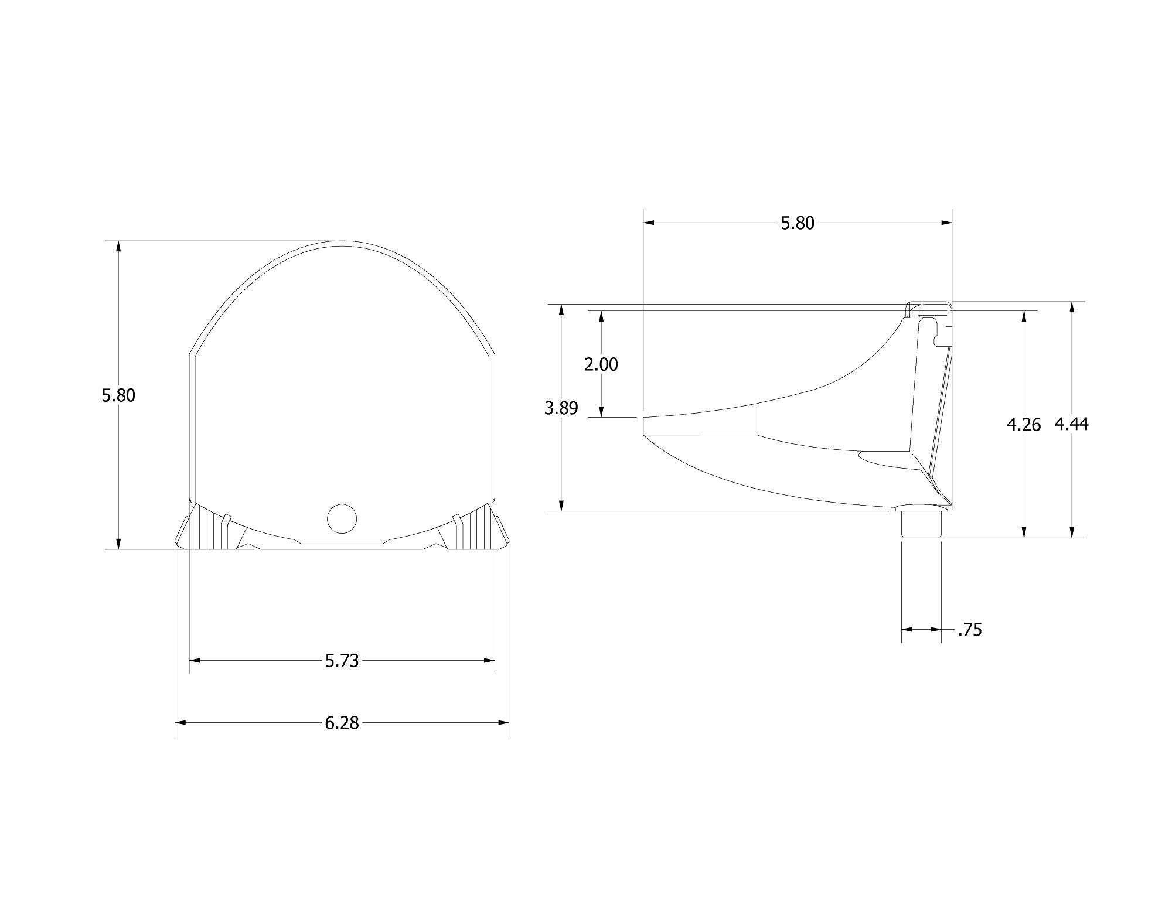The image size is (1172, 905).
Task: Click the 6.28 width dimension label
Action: pyautogui.click(x=342, y=723)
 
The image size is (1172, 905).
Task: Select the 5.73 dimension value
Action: pyautogui.click(x=342, y=661)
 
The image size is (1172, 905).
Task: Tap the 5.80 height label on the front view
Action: pyautogui.click(x=118, y=395)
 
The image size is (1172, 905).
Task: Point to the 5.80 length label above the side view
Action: pyautogui.click(x=798, y=223)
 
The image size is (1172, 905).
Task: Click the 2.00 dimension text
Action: pyautogui.click(x=601, y=364)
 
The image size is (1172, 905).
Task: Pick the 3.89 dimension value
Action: pyautogui.click(x=561, y=408)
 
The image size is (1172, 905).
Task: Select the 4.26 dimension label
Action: pyautogui.click(x=1024, y=425)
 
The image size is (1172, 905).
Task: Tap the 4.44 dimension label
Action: pyautogui.click(x=1072, y=424)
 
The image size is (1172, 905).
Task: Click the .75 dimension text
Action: pyautogui.click(x=969, y=630)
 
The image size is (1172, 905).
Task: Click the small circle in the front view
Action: pyautogui.click(x=342, y=518)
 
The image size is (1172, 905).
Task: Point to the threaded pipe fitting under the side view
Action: pyautogui.click(x=921, y=524)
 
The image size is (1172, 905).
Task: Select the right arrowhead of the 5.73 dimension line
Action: pyautogui.click(x=490, y=661)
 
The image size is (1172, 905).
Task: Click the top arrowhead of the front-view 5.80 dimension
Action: pyautogui.click(x=119, y=246)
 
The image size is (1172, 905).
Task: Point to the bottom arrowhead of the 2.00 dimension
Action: pyautogui.click(x=601, y=412)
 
